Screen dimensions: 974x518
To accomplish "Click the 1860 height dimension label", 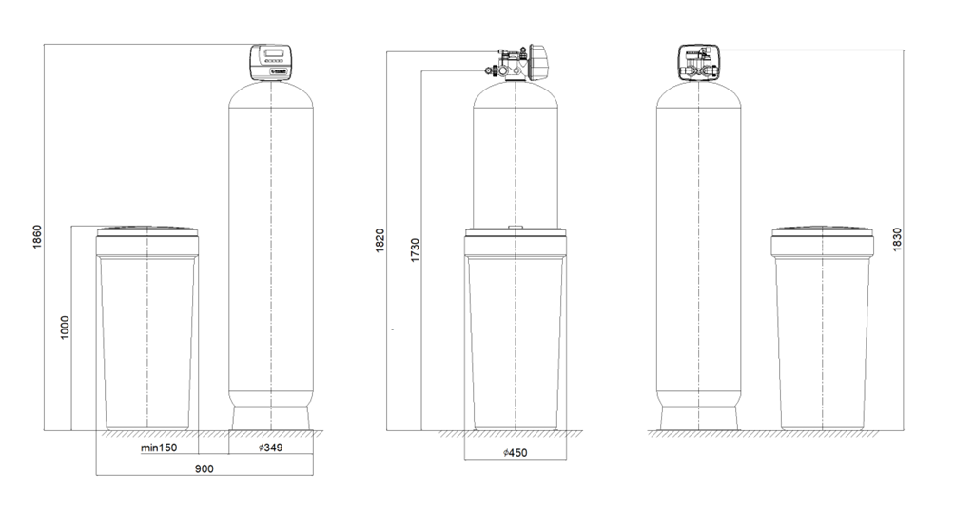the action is click(x=37, y=237).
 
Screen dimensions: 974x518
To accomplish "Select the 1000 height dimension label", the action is click(x=66, y=329).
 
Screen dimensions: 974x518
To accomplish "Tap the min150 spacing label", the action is click(x=159, y=448).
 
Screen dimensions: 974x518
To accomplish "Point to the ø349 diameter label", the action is click(x=271, y=448).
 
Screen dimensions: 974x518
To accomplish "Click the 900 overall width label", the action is click(x=205, y=468).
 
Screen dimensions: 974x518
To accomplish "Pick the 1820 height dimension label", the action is click(x=380, y=241).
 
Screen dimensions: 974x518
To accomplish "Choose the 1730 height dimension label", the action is click(x=415, y=249).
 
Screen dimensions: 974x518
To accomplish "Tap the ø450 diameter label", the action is click(x=516, y=452).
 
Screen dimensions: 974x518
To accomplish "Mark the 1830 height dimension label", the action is click(x=897, y=240).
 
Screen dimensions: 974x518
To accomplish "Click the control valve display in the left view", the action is click(x=273, y=53).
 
